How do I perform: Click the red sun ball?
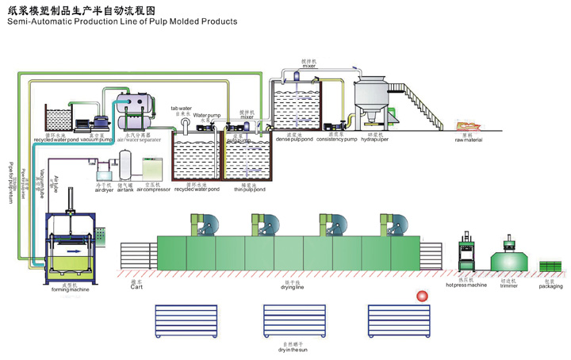pyautogui.click(x=422, y=297)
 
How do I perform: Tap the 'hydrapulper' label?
pyautogui.click(x=372, y=140)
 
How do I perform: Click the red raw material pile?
pyautogui.click(x=465, y=127)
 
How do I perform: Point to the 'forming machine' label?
pyautogui.click(x=69, y=290)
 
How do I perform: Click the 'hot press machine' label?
pyautogui.click(x=466, y=285)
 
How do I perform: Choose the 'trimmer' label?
pyautogui.click(x=508, y=285)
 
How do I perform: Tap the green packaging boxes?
pyautogui.click(x=550, y=266)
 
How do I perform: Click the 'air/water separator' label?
pyautogui.click(x=135, y=140)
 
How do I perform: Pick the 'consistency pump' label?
pyautogui.click(x=335, y=140)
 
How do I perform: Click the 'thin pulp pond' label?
pyautogui.click(x=250, y=190)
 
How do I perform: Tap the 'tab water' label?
pyautogui.click(x=182, y=108)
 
